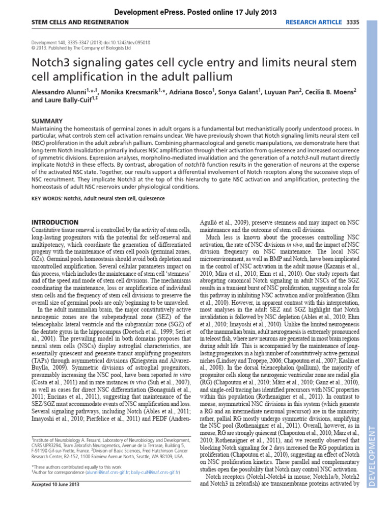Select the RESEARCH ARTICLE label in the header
pos(314,22)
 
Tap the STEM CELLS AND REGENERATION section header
pos(80,22)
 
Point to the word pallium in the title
pos(208,77)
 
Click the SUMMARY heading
pos(47,121)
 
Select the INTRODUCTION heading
pos(55,222)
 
